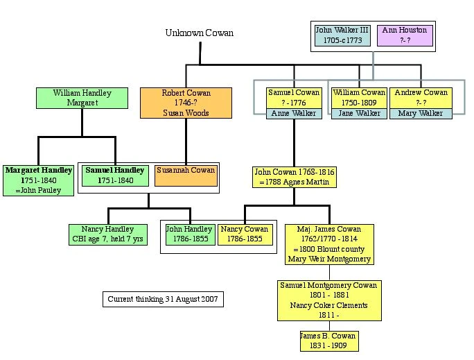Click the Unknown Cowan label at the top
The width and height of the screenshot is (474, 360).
(x=199, y=33)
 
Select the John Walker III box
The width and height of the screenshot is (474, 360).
(x=342, y=35)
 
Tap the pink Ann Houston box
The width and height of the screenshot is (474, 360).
(x=405, y=35)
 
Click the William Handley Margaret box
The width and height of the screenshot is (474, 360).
(x=82, y=98)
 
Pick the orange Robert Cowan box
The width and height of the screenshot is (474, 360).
(x=186, y=102)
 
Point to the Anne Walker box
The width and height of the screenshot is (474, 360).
(x=294, y=114)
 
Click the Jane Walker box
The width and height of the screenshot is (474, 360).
(x=358, y=114)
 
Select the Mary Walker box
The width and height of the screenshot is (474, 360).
(x=421, y=114)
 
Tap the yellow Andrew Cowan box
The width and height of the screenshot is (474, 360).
(x=421, y=98)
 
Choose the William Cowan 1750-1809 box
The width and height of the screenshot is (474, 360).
(x=358, y=98)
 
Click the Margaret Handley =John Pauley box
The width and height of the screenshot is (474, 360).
(x=38, y=180)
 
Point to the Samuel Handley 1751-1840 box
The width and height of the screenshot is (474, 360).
(x=115, y=175)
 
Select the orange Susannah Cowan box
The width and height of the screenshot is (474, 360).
(x=186, y=175)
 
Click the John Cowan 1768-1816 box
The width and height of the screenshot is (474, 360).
(x=295, y=177)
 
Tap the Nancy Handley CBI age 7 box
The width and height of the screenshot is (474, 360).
(x=108, y=234)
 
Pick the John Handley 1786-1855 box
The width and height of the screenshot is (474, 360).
(x=188, y=234)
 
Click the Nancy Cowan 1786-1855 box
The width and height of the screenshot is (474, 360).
(x=244, y=234)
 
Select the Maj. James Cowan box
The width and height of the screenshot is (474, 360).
(x=329, y=244)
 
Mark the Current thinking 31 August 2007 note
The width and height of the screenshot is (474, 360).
(x=164, y=300)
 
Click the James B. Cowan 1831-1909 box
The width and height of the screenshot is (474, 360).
(x=329, y=341)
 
